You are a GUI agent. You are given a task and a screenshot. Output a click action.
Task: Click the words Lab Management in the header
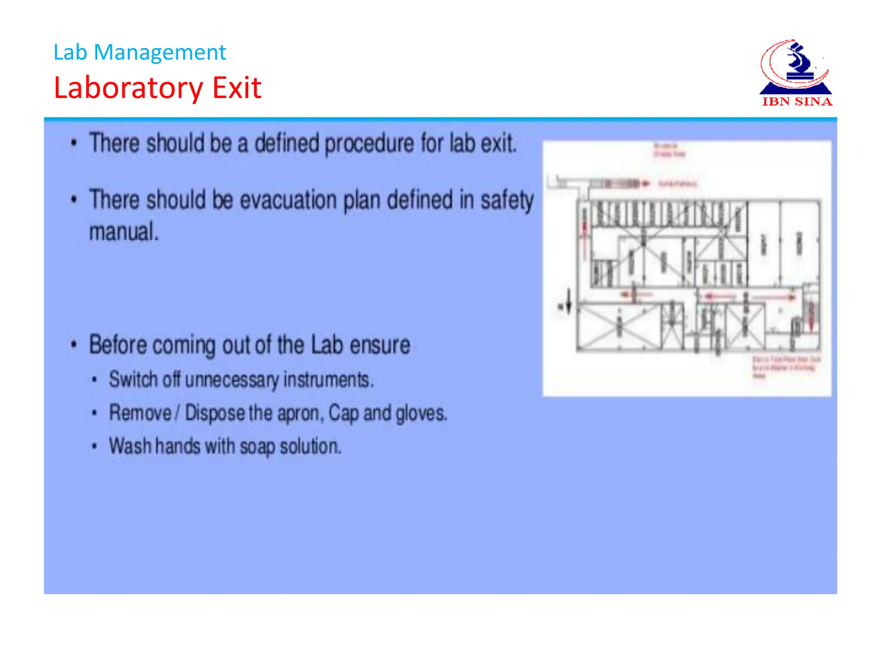coord(139,52)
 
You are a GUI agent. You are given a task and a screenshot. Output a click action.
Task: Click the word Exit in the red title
coord(237,88)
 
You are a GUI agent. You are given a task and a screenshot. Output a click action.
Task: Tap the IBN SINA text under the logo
coord(797,102)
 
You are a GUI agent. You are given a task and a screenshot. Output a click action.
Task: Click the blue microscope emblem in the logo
coord(798,64)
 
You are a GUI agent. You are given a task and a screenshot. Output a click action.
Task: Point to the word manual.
coord(124,232)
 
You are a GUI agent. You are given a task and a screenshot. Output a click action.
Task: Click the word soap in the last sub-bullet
coord(257,446)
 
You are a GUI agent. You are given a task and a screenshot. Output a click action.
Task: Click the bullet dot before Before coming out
coord(74,345)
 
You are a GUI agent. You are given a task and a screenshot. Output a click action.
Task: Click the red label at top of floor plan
coord(669,150)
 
